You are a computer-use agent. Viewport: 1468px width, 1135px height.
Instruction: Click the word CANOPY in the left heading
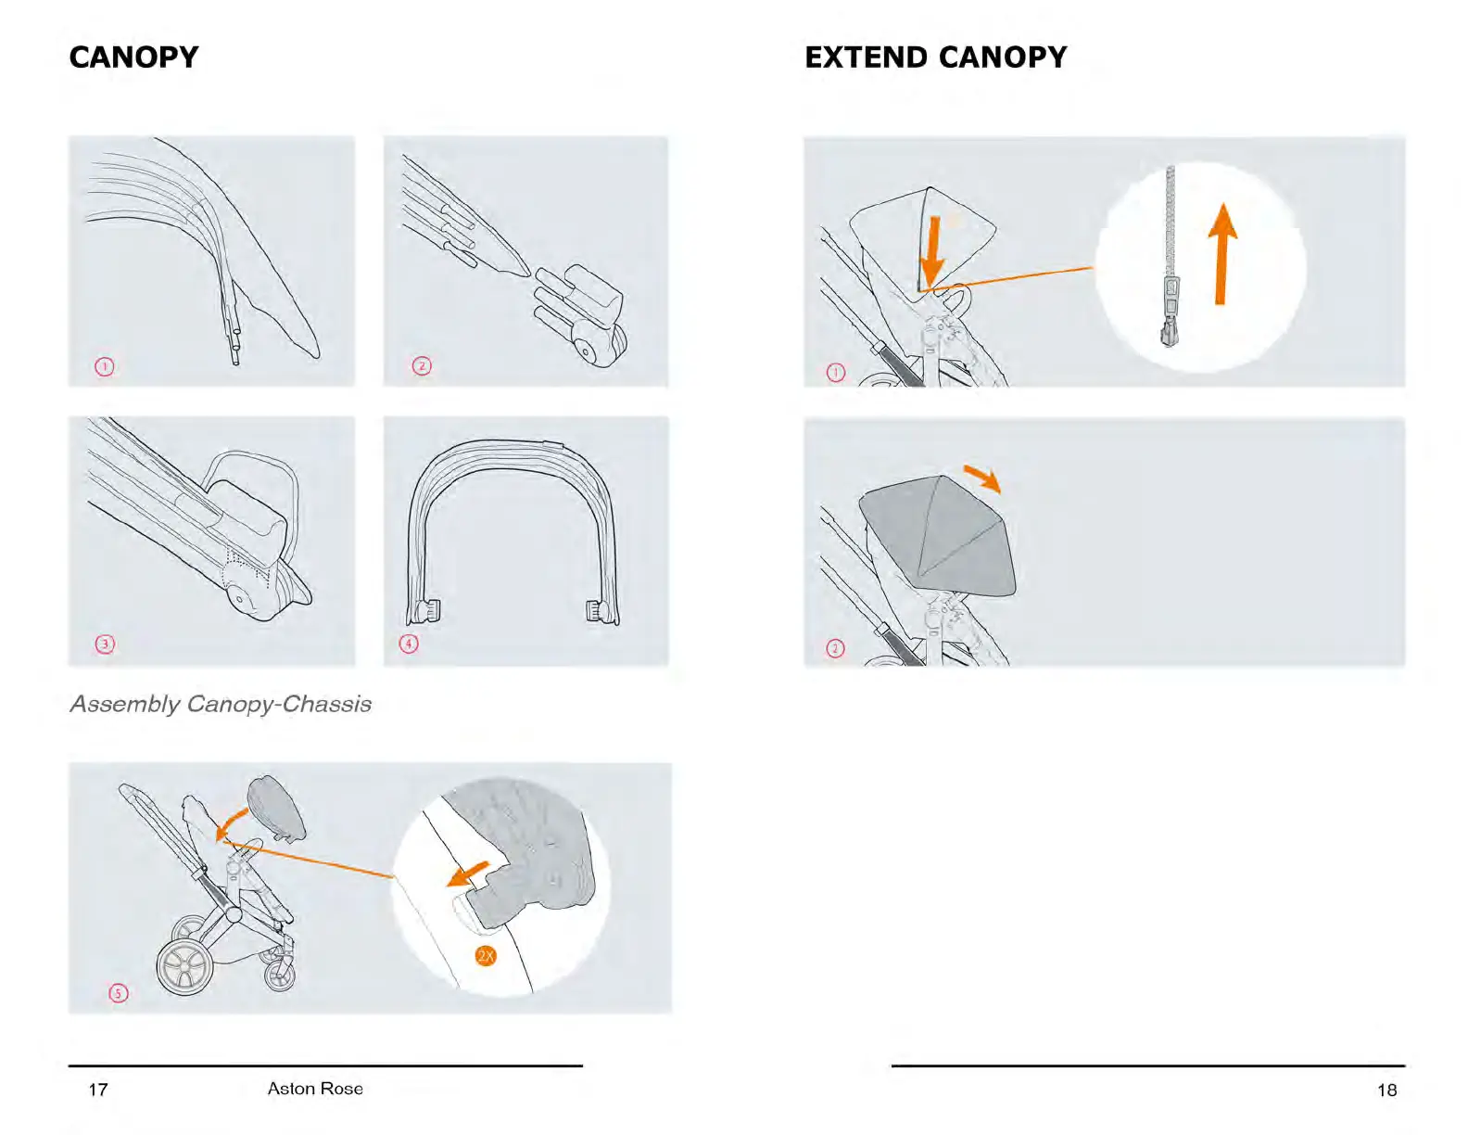pyautogui.click(x=133, y=57)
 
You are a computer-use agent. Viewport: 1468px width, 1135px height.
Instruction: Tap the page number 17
pyautogui.click(x=98, y=1090)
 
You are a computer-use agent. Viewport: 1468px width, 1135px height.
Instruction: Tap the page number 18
pyautogui.click(x=1386, y=1090)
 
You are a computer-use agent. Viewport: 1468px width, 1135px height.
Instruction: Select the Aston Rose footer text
pyautogui.click(x=315, y=1089)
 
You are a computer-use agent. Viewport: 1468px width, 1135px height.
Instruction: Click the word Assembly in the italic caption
pyautogui.click(x=125, y=704)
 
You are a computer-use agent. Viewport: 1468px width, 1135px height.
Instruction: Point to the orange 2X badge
pyautogui.click(x=486, y=956)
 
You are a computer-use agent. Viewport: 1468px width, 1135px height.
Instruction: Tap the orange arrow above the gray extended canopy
pyautogui.click(x=982, y=478)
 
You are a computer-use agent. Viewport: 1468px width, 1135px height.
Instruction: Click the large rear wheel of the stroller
pyautogui.click(x=184, y=967)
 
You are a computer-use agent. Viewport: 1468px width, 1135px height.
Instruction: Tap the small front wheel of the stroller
pyautogui.click(x=279, y=974)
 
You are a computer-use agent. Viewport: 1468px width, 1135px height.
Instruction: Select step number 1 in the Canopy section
pyautogui.click(x=105, y=366)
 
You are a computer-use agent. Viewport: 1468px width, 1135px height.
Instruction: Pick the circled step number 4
pyautogui.click(x=409, y=644)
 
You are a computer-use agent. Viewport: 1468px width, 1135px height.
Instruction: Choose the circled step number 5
pyautogui.click(x=119, y=993)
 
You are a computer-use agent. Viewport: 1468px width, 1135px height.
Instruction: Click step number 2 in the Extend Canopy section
pyautogui.click(x=835, y=648)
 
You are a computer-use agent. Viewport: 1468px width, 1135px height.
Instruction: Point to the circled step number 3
pyautogui.click(x=105, y=644)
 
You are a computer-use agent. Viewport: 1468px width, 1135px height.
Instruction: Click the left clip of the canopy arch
pyautogui.click(x=429, y=611)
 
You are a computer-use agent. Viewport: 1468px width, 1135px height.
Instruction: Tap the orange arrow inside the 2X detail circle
pyautogui.click(x=469, y=874)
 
